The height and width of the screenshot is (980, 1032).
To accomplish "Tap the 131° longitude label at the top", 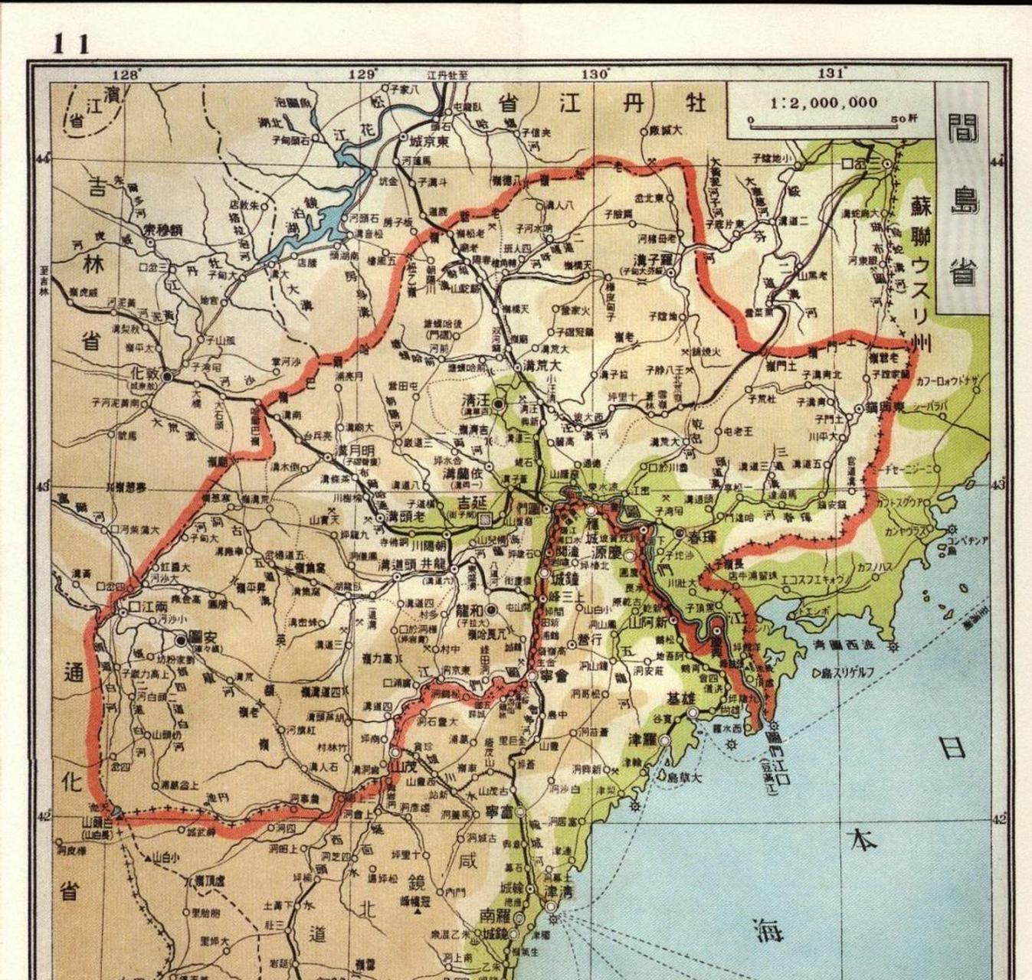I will pos(831,73).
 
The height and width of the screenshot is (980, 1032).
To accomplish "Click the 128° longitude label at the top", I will pos(127,73).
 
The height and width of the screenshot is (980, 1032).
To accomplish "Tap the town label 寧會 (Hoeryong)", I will pos(552,677).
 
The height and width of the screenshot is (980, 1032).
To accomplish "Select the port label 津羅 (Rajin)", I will pos(644,740).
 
